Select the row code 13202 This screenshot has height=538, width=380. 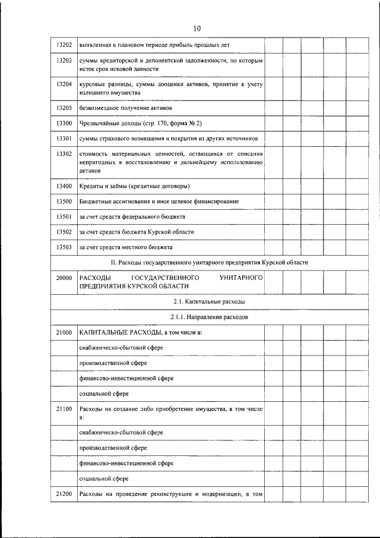[x=64, y=45]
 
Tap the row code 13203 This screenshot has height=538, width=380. [x=64, y=61]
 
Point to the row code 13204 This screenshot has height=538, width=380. [x=64, y=84]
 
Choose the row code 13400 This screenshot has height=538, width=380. [x=64, y=186]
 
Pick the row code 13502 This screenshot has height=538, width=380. [x=64, y=231]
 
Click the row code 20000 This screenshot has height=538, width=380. [x=64, y=278]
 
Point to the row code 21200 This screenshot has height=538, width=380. [x=64, y=494]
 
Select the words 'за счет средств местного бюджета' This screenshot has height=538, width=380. [x=125, y=246]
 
